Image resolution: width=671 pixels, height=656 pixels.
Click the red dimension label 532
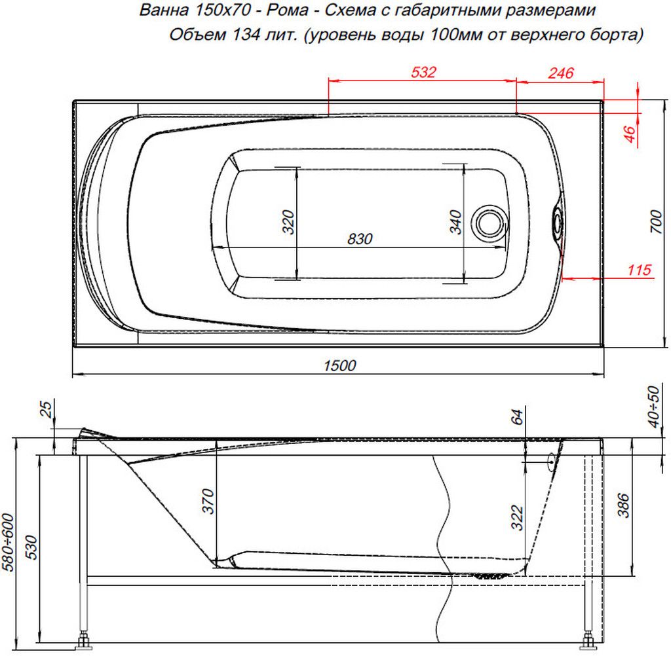point(423,72)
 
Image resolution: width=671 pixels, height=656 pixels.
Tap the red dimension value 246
point(561,73)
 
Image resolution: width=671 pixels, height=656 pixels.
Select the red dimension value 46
point(630,134)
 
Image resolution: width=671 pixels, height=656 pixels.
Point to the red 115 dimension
point(640,270)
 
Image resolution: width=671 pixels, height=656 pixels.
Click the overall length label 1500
point(339,365)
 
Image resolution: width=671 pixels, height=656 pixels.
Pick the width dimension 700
point(656,221)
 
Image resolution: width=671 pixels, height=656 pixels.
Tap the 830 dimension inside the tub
point(360,238)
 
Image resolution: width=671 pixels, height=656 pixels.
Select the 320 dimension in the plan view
point(288,223)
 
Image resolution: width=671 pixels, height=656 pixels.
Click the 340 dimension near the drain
point(455,223)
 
